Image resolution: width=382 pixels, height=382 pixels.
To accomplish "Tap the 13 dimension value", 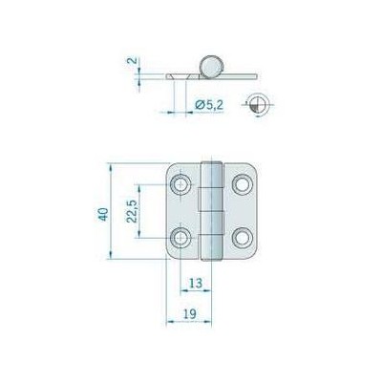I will tap(194, 284).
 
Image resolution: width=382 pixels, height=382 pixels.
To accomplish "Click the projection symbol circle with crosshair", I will tap(255, 106).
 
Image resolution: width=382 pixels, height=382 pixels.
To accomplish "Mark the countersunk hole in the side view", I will tap(180, 74).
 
